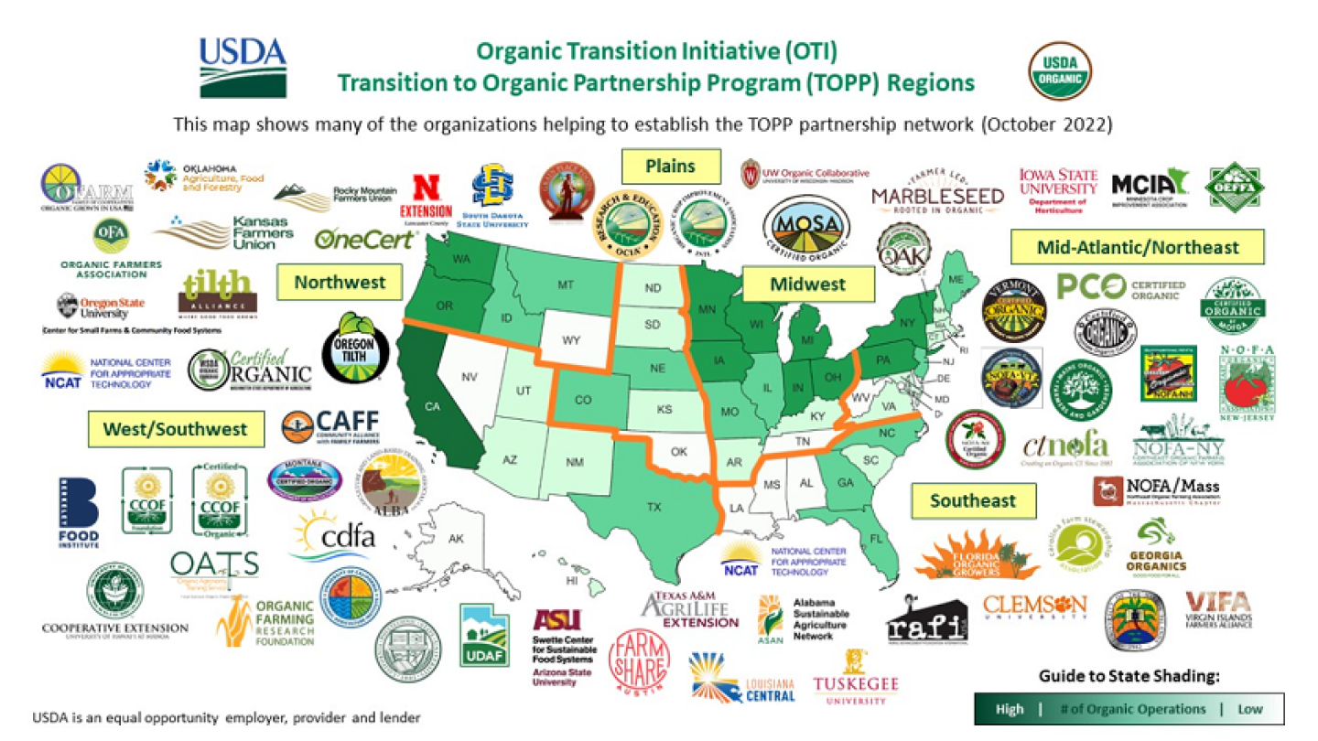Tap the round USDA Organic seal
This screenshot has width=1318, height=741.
point(1060,72)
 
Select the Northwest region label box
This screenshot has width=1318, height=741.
point(340,283)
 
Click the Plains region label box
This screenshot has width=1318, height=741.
point(670,166)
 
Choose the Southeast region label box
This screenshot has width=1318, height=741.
point(973,500)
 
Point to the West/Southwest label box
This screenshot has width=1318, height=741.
point(175,428)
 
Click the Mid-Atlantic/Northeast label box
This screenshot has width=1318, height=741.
point(1137,247)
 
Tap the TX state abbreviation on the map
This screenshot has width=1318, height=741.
point(654,506)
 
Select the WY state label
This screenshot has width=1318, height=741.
point(571,340)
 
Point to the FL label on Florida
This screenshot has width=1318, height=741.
point(875,538)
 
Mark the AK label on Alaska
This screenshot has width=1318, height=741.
point(456,539)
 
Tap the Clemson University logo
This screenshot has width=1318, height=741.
point(1034,605)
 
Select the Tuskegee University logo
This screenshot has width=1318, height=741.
point(856,682)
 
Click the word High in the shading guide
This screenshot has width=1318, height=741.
point(1010,709)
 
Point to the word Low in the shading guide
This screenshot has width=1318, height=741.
point(1249,709)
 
